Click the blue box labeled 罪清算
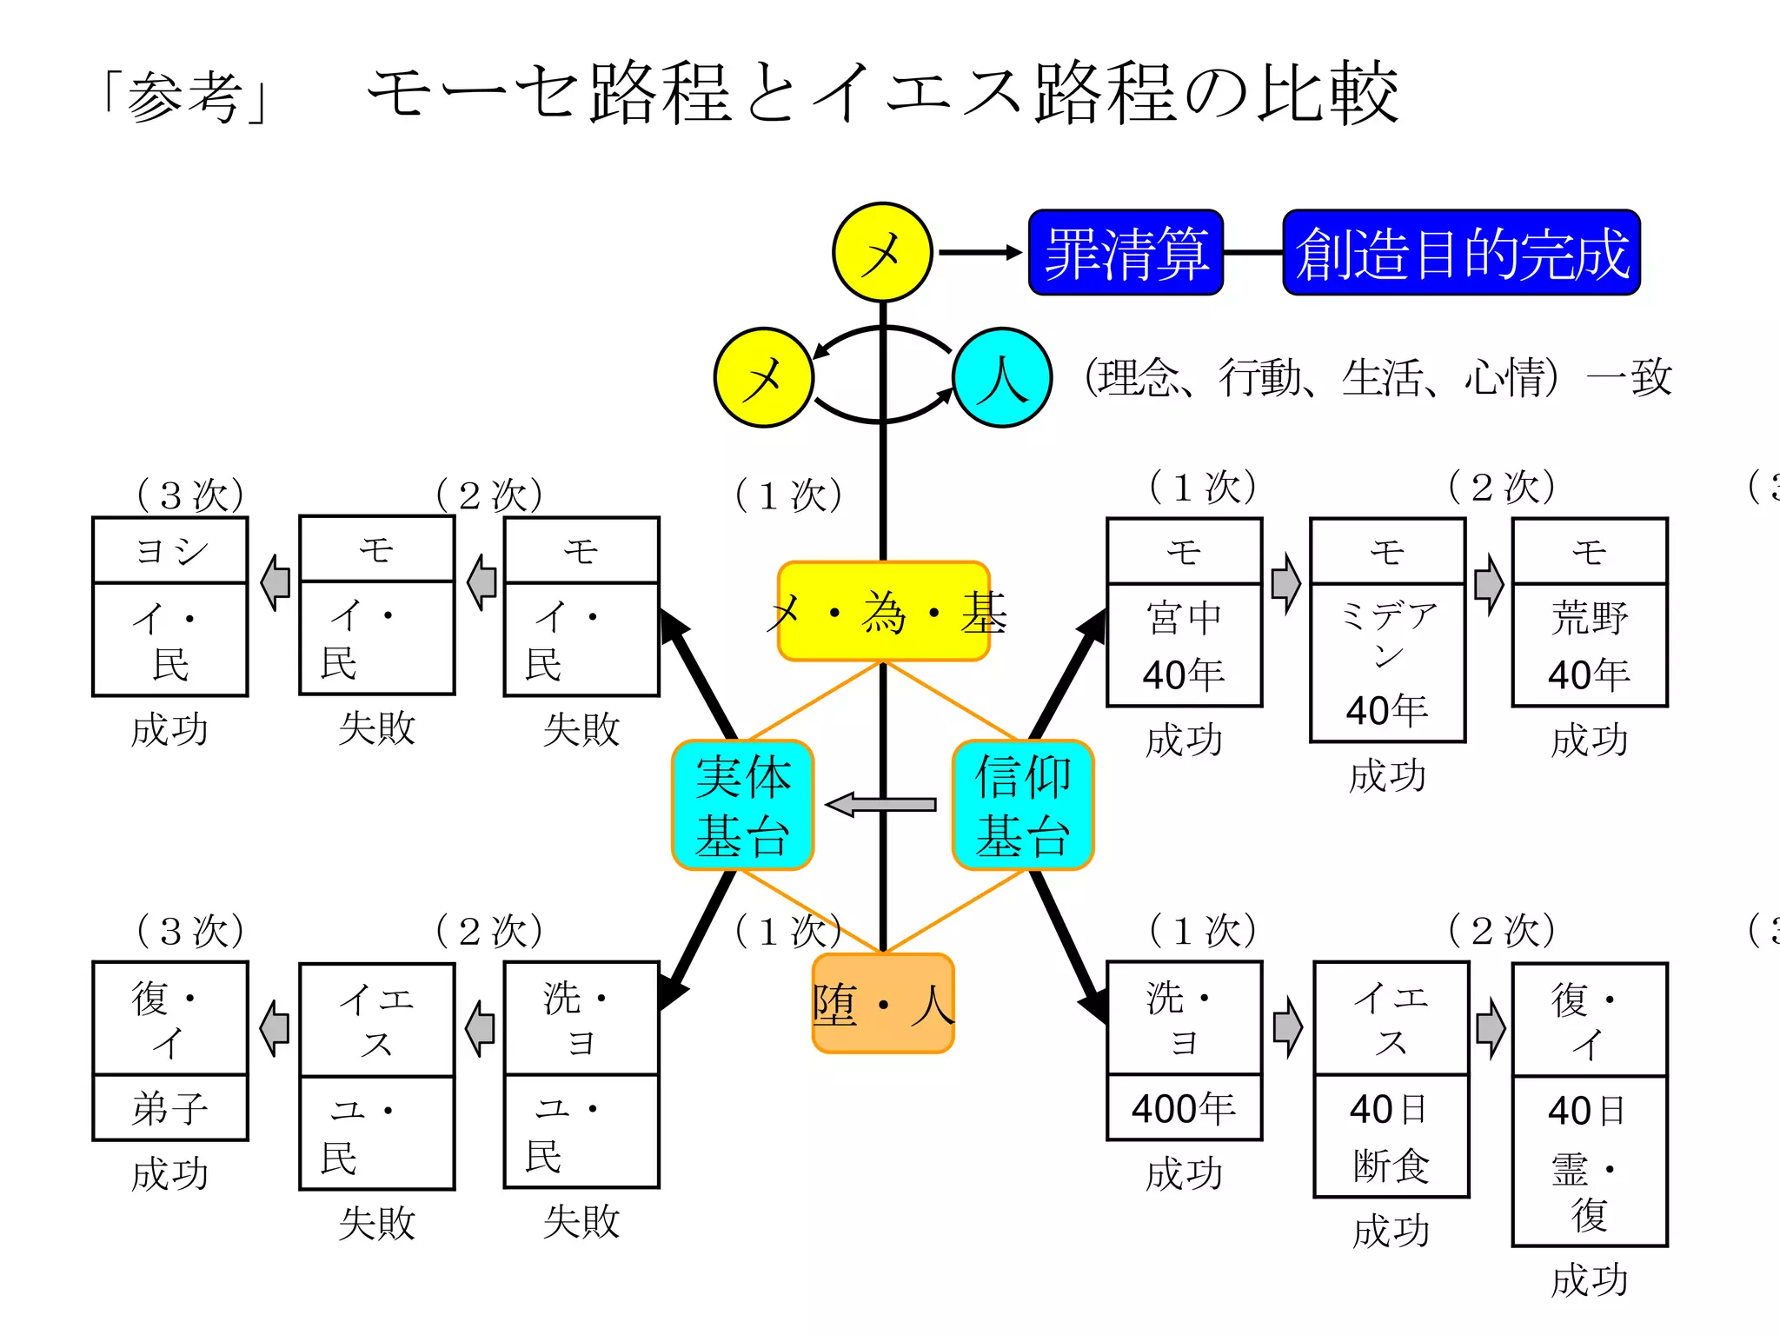tap(1126, 253)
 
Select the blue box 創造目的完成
tap(1461, 253)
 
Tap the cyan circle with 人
tap(1002, 378)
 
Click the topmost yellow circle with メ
tap(882, 253)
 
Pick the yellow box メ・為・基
tap(884, 612)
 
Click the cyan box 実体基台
tap(742, 805)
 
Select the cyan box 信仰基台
tap(1022, 805)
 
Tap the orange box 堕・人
tap(883, 1004)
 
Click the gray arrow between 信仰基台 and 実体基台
tap(881, 805)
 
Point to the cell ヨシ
tap(170, 551)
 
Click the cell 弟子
tap(170, 1108)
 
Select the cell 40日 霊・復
tap(1590, 1161)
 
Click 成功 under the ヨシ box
tap(170, 730)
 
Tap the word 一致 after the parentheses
tap(1629, 378)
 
